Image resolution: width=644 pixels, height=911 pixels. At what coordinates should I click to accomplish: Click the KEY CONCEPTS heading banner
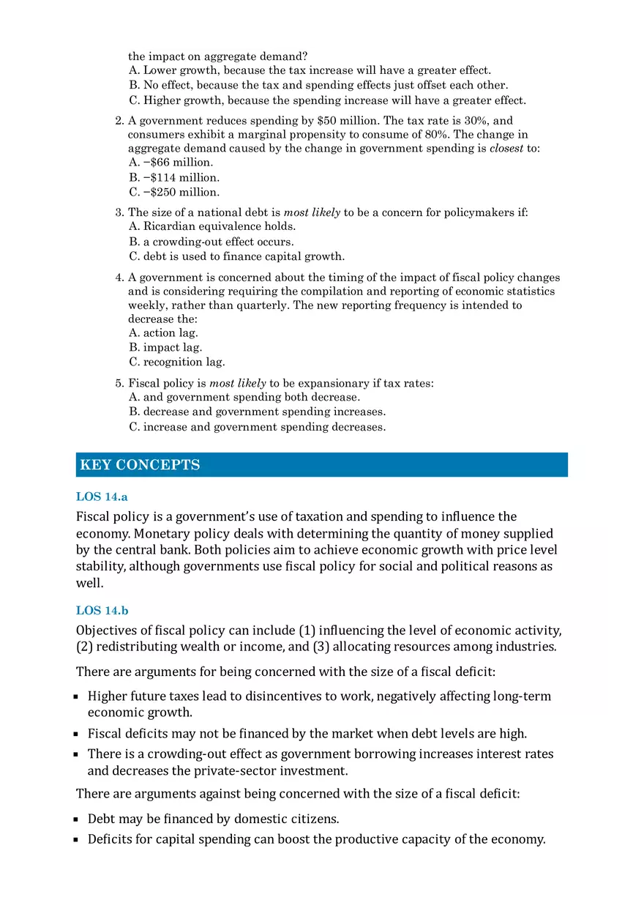click(x=321, y=465)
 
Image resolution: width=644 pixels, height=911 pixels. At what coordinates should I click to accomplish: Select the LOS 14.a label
click(x=102, y=497)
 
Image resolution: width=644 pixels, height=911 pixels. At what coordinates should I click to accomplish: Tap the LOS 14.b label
click(x=102, y=610)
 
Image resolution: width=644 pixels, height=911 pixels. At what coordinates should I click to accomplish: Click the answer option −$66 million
click(x=171, y=163)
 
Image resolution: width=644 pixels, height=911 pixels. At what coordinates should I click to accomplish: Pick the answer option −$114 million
click(x=174, y=177)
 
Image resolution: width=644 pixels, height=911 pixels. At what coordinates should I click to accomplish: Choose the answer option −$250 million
click(x=174, y=192)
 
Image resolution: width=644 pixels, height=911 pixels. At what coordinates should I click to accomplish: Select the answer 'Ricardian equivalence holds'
click(x=211, y=226)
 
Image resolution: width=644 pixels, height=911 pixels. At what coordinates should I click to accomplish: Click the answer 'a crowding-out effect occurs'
click(x=211, y=242)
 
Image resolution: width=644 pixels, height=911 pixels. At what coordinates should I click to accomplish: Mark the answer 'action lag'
click(x=163, y=332)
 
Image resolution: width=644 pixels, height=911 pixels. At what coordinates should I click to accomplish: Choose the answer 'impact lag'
click(x=165, y=347)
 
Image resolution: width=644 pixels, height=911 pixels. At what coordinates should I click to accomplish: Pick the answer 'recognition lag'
click(x=176, y=362)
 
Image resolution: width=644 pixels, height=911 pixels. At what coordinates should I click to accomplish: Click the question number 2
click(x=119, y=121)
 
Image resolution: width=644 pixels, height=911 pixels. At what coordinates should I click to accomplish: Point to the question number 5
click(x=119, y=383)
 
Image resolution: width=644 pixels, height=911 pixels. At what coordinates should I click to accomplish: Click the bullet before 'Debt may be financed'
click(x=76, y=819)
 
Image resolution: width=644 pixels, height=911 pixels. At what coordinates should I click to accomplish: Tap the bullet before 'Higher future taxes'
click(x=76, y=696)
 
